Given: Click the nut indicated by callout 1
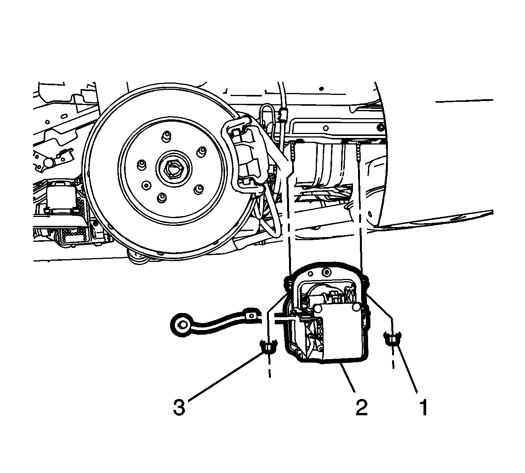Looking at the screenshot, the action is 392,339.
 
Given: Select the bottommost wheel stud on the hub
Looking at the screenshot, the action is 162,197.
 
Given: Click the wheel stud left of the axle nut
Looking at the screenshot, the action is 142,164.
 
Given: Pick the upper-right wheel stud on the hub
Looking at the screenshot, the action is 201,151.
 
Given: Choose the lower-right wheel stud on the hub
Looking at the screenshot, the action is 199,189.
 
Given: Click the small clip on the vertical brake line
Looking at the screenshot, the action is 283,115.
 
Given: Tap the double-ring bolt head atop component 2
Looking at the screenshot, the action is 326,272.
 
